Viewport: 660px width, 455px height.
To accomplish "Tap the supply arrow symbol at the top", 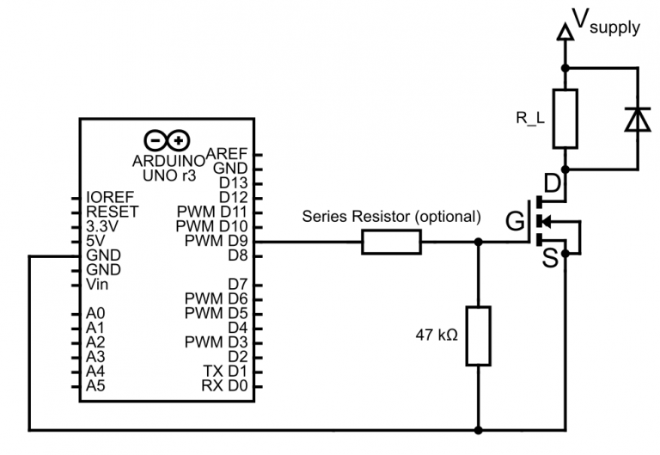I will click(565, 33).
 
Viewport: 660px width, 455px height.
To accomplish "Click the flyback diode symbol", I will click(637, 120).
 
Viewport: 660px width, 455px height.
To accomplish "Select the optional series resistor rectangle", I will click(392, 243).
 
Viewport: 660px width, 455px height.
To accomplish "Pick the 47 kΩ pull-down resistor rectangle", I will click(478, 334).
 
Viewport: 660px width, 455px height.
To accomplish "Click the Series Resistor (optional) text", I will click(391, 217).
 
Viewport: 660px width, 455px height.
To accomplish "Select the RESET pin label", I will click(112, 211).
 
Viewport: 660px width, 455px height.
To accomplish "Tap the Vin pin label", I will click(98, 284).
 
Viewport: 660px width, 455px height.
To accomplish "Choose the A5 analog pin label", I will click(95, 386).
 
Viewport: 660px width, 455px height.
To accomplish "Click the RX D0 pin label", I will click(224, 386).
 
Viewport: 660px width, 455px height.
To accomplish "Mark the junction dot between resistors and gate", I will click(478, 243).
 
